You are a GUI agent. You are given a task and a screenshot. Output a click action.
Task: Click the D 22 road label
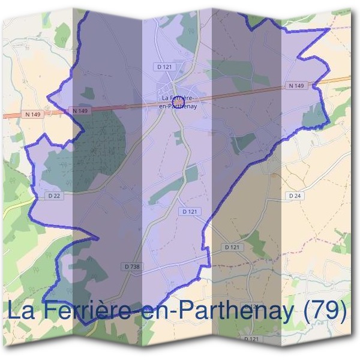(53, 196)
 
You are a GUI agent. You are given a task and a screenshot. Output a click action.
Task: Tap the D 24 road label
(294, 196)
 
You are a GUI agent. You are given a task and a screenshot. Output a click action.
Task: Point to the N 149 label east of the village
(296, 86)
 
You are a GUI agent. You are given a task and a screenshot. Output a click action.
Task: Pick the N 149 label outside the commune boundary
(34, 114)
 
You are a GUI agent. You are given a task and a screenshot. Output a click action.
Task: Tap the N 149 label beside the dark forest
(80, 111)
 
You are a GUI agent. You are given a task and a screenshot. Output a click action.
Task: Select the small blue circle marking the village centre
(178, 101)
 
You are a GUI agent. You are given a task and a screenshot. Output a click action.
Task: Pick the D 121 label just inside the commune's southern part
(189, 212)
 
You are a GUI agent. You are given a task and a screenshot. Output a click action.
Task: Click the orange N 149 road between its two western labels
(57, 112)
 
